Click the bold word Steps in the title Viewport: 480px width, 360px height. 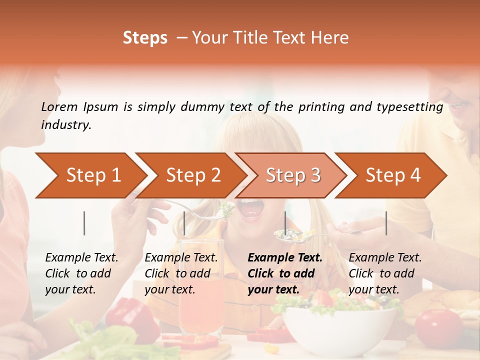tap(145, 38)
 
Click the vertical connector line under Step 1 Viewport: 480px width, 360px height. tap(84, 223)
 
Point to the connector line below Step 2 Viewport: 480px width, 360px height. tap(184, 223)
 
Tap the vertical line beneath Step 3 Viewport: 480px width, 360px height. tap(285, 223)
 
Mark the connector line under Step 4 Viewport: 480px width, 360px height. tap(386, 223)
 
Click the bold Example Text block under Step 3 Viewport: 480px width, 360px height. tap(285, 273)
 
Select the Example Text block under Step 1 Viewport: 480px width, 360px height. tap(81, 273)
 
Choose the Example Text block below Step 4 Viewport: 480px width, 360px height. tap(385, 273)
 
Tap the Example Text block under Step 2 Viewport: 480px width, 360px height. tap(181, 273)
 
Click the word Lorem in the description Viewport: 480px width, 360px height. tap(59, 106)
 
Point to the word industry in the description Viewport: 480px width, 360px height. tap(65, 125)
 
